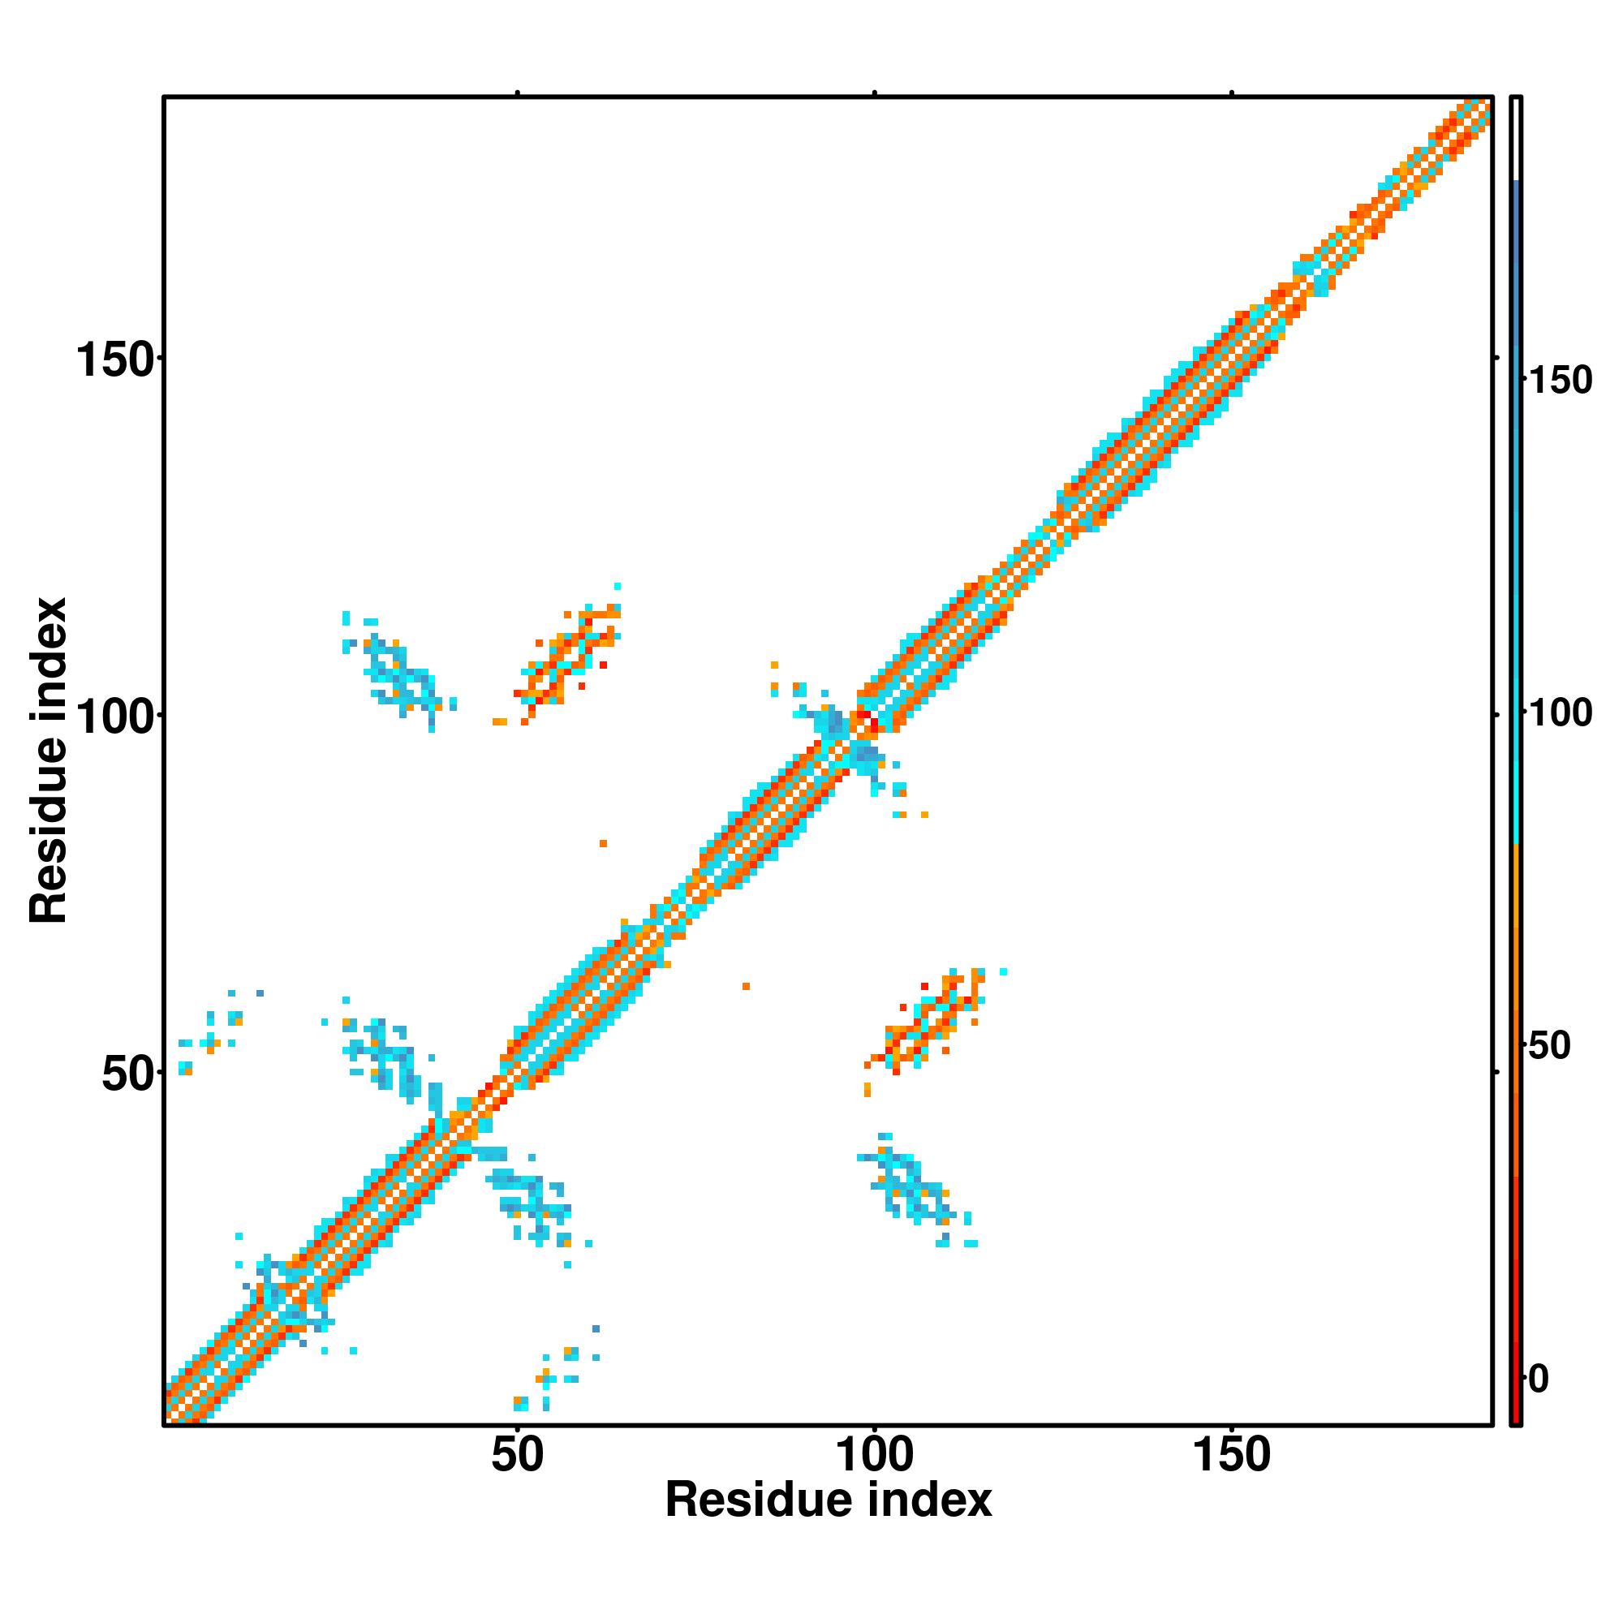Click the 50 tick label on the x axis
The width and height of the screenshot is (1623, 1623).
518,1456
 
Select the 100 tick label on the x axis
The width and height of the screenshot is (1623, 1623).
875,1456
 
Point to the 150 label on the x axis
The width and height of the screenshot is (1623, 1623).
1232,1456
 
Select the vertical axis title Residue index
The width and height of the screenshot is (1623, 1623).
49,761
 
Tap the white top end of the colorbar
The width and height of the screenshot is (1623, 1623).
1517,139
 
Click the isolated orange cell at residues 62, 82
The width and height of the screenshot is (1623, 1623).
603,843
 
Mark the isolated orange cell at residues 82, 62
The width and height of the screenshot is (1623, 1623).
746,986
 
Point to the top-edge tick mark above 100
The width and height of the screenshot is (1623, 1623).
875,93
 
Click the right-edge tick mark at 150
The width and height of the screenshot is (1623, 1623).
1496,359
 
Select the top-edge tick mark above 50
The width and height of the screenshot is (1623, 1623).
518,93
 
